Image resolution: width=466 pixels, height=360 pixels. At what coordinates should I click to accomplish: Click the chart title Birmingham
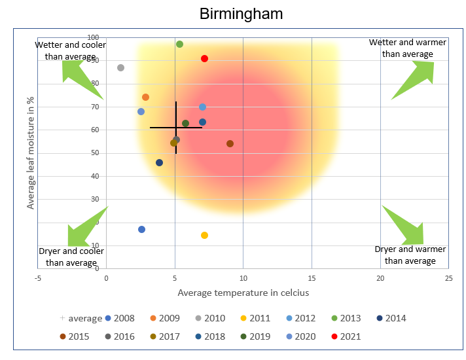point(241,14)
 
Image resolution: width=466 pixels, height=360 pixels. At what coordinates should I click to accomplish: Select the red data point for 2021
point(204,58)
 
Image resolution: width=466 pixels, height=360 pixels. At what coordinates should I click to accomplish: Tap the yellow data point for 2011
point(204,235)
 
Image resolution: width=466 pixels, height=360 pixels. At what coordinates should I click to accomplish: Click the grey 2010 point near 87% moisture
point(120,67)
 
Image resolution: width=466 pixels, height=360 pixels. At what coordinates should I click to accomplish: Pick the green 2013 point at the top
point(179,44)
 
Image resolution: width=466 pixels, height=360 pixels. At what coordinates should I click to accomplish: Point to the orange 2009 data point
point(145,97)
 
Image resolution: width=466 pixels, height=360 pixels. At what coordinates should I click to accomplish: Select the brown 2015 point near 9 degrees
point(230,143)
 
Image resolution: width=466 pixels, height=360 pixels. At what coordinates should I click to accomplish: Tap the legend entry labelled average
point(81,318)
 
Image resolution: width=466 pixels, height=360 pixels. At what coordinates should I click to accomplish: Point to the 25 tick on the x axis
point(448,278)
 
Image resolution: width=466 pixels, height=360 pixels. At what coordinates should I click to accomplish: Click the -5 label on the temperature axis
point(38,278)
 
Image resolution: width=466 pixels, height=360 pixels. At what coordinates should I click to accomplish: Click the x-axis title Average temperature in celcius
point(243,293)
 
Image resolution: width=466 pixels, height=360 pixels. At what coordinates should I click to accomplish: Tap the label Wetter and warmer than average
point(407,48)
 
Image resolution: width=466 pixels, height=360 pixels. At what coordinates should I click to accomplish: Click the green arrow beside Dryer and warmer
point(405,226)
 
